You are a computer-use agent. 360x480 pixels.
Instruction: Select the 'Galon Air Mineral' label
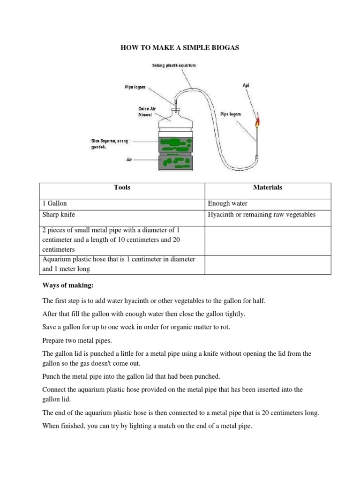coord(147,111)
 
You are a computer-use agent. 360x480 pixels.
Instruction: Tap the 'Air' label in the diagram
coord(130,160)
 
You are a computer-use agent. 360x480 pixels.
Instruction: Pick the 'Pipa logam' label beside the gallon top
coord(135,87)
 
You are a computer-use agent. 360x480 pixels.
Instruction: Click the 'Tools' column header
coord(122,187)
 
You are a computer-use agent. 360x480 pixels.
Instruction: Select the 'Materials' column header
coord(268,187)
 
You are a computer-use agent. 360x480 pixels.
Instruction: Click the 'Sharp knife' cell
coord(59,215)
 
